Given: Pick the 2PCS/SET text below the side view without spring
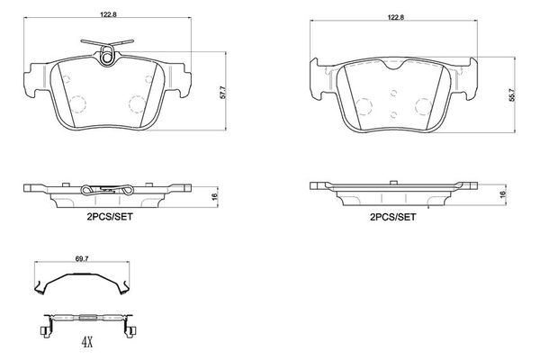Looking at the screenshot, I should coord(393,217).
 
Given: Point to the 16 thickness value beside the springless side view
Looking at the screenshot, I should coord(503,193).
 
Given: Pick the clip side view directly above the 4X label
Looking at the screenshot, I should coord(87,319).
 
